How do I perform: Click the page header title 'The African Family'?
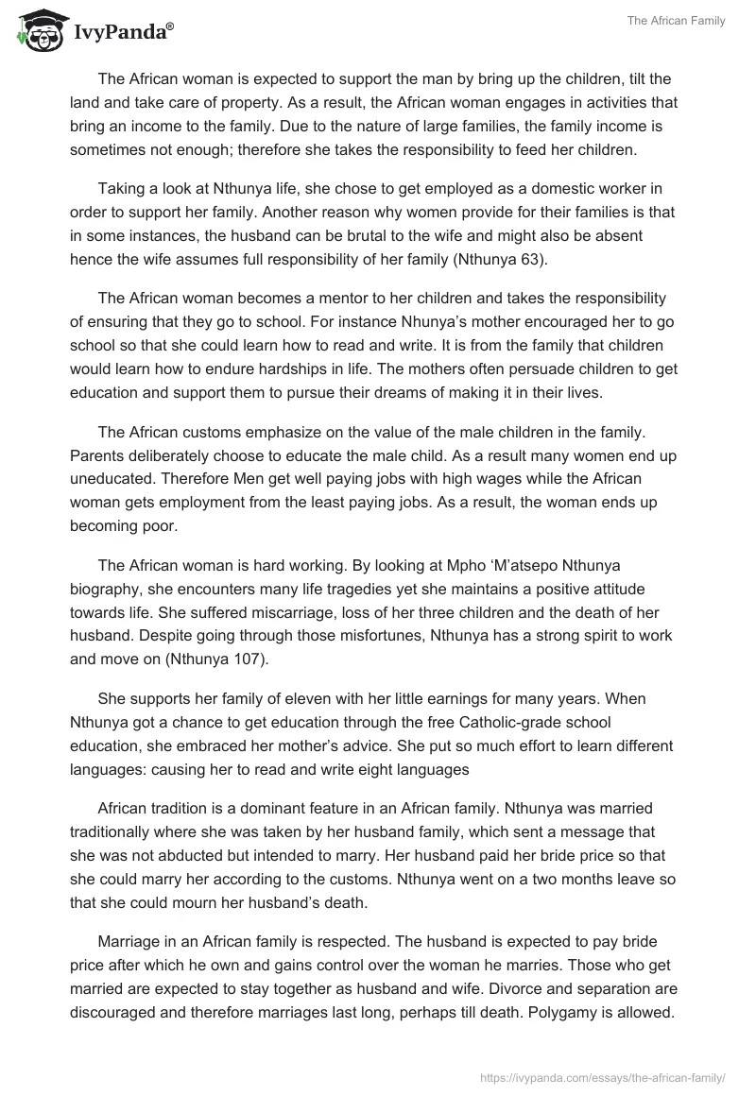(677, 21)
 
